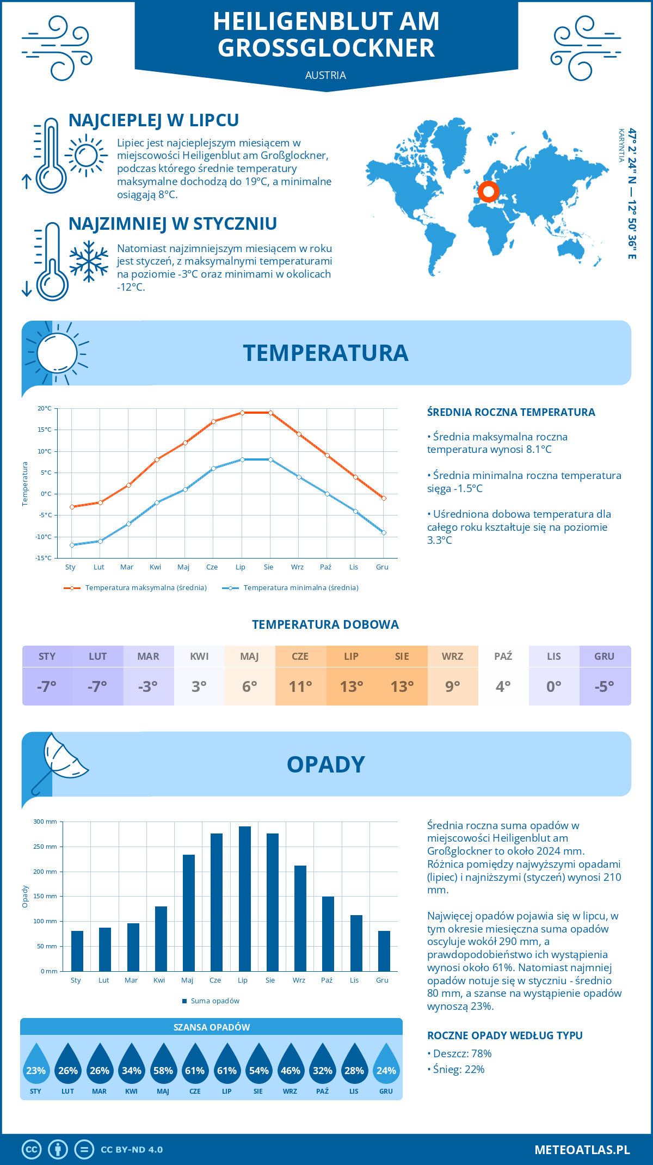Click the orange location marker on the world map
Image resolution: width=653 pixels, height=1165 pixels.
(x=488, y=192)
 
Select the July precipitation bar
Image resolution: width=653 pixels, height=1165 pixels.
(x=245, y=898)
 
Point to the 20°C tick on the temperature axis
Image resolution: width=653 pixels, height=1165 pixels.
(x=45, y=408)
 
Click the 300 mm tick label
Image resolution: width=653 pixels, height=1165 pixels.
(x=46, y=821)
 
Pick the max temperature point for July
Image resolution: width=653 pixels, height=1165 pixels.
(x=242, y=413)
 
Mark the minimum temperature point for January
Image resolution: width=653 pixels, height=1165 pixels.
(x=72, y=545)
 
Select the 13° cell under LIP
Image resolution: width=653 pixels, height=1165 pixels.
(x=352, y=686)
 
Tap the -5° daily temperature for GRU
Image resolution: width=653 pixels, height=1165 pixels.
(x=605, y=686)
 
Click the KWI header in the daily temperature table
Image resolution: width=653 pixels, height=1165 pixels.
(x=199, y=657)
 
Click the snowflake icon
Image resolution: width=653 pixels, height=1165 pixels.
(x=89, y=262)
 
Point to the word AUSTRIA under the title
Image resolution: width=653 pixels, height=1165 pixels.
(x=325, y=75)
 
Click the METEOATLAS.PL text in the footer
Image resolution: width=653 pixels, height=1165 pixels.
(x=582, y=1149)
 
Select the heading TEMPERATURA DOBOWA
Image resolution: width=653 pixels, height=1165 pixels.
(x=325, y=624)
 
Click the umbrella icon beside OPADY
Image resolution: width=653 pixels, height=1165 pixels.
(x=60, y=761)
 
